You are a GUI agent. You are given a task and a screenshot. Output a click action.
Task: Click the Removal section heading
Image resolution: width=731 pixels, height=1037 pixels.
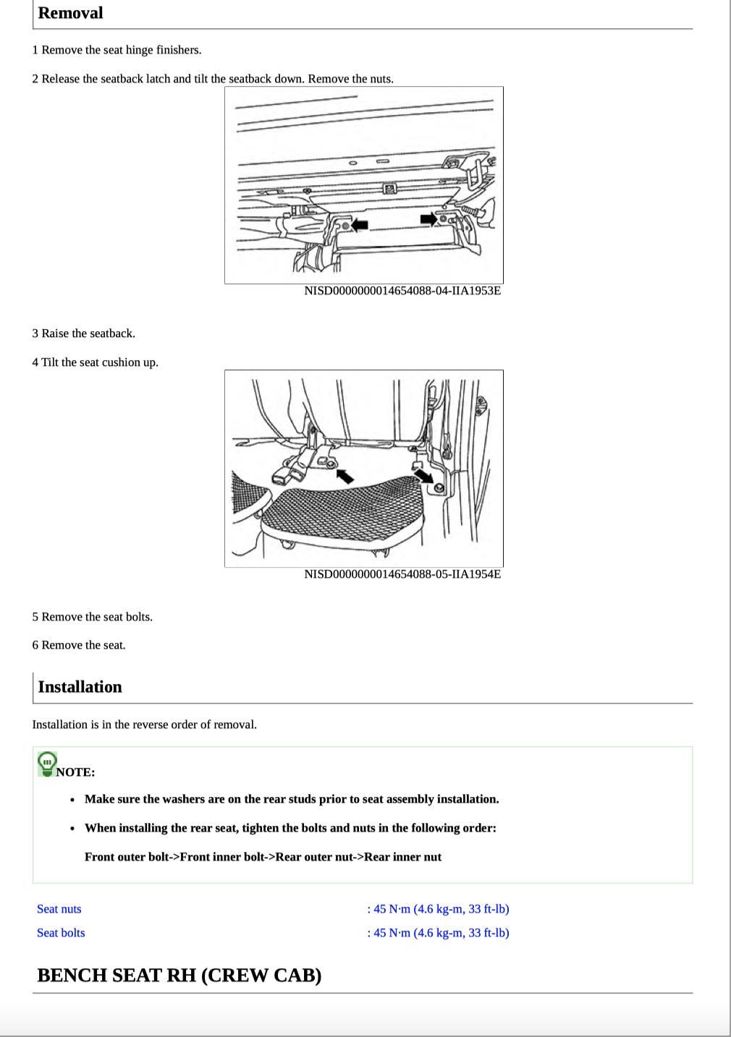coord(70,13)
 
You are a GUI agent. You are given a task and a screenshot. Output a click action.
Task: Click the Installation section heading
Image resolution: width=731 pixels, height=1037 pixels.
coord(80,687)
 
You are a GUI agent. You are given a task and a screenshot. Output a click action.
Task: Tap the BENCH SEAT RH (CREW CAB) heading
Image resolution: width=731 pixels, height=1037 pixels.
coord(179,976)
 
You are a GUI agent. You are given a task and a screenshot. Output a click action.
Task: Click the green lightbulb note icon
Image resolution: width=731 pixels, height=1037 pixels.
coord(47,764)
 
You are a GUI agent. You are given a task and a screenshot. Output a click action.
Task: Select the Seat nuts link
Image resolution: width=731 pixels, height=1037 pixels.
coord(59,909)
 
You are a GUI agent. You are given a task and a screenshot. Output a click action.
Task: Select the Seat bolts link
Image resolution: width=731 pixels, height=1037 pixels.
coord(61,933)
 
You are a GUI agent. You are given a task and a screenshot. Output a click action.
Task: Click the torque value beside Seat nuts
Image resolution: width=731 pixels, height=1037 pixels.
coord(438,909)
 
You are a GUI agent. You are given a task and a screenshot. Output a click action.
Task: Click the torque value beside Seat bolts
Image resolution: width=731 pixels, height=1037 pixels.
coord(438,933)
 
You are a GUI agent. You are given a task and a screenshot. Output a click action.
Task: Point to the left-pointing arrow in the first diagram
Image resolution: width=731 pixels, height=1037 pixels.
coord(359,225)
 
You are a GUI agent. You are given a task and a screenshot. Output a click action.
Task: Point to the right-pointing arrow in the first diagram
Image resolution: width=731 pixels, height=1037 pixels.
coord(428,218)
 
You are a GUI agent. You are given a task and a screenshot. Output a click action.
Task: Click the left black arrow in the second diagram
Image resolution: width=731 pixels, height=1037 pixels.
coord(345,475)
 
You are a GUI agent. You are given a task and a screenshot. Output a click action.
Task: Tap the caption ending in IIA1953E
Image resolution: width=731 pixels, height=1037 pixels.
coord(402,291)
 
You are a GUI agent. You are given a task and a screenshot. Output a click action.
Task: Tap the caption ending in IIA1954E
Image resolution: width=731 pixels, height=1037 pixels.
coord(402,574)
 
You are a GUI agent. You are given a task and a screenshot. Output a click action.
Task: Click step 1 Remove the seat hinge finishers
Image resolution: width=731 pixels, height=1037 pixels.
coord(117,50)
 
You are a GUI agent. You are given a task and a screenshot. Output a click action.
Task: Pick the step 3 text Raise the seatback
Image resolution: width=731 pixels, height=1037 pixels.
coord(83,333)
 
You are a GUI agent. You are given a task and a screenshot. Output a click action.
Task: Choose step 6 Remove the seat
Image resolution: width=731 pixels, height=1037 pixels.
coord(79,645)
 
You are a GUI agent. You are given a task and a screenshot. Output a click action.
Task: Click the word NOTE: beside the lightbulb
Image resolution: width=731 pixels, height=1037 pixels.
coord(75,772)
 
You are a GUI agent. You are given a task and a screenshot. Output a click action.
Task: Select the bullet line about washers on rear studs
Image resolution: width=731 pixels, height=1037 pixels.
coord(292,799)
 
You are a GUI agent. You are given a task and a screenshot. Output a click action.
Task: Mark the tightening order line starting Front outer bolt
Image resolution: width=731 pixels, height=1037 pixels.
coord(263,857)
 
